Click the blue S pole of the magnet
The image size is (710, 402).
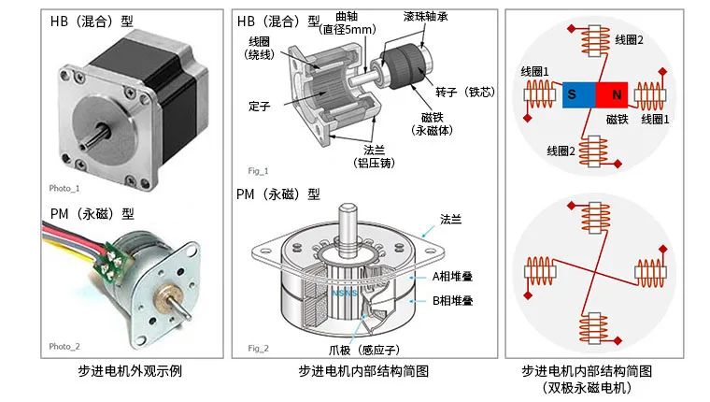tap(572, 94)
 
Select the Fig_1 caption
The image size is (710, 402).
tap(258, 171)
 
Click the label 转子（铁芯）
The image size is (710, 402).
tap(464, 92)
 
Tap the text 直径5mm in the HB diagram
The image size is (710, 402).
tap(347, 30)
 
